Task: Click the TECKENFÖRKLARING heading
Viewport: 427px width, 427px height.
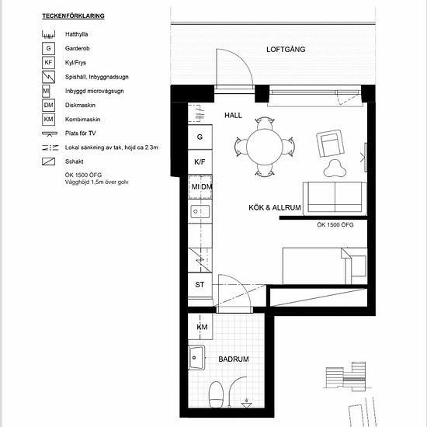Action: click(x=73, y=15)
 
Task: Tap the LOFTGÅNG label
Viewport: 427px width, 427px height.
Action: click(x=286, y=50)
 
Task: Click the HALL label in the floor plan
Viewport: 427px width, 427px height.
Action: click(x=234, y=115)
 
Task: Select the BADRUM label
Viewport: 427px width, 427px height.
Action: click(x=233, y=359)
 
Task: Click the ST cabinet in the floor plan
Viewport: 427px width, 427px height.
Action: click(x=200, y=284)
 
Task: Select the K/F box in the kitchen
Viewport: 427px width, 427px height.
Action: click(x=200, y=162)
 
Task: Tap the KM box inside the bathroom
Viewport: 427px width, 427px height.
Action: click(x=202, y=328)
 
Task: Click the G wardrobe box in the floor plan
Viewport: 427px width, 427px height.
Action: click(x=200, y=137)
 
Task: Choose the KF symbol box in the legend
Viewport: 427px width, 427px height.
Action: click(x=48, y=62)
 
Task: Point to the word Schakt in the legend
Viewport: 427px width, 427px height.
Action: click(x=78, y=161)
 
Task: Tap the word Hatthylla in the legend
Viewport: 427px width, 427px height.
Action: click(x=81, y=34)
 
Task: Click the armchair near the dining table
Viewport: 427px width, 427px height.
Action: click(x=329, y=144)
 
